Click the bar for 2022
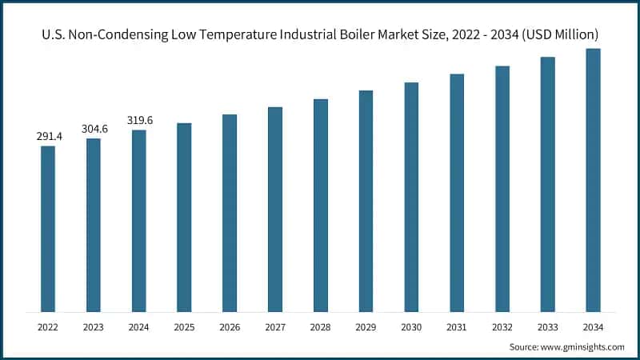pyautogui.click(x=48, y=229)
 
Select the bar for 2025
pyautogui.click(x=184, y=218)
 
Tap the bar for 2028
pyautogui.click(x=321, y=206)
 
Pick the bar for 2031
pyautogui.click(x=457, y=193)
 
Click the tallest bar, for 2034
pyautogui.click(x=593, y=180)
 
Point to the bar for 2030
pyautogui.click(x=411, y=197)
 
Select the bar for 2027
pyautogui.click(x=275, y=210)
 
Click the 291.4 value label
pyautogui.click(x=49, y=137)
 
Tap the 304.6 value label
pyautogui.click(x=94, y=129)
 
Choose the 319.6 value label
pyautogui.click(x=139, y=121)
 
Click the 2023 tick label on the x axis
pyautogui.click(x=94, y=326)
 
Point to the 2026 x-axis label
pyautogui.click(x=230, y=326)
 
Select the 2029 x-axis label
pyautogui.click(x=366, y=326)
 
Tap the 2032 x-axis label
pyautogui.click(x=502, y=326)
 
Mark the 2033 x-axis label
pyautogui.click(x=547, y=326)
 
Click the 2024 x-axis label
pyautogui.click(x=139, y=326)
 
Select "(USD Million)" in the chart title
pyautogui.click(x=558, y=35)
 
